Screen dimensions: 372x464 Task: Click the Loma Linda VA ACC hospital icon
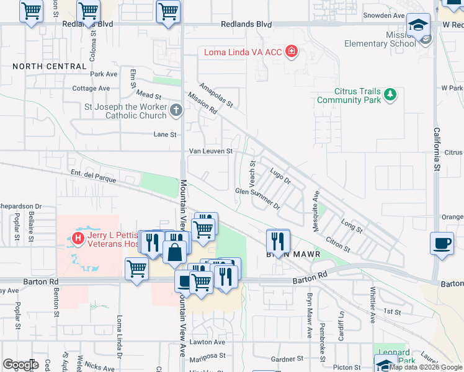pos(291,52)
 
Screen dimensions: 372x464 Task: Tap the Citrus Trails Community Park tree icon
pos(390,95)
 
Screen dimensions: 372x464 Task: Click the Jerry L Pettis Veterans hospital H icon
pos(78,237)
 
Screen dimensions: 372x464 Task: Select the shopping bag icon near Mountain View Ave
pos(176,251)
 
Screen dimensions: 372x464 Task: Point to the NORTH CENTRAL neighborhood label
pos(49,66)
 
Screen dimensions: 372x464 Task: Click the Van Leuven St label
pos(210,151)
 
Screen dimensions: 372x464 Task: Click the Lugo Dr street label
pos(279,174)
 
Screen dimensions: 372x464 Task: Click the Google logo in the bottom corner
pos(20,364)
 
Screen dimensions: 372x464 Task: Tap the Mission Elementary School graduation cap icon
pos(418,25)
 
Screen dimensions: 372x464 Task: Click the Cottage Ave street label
pos(93,89)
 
